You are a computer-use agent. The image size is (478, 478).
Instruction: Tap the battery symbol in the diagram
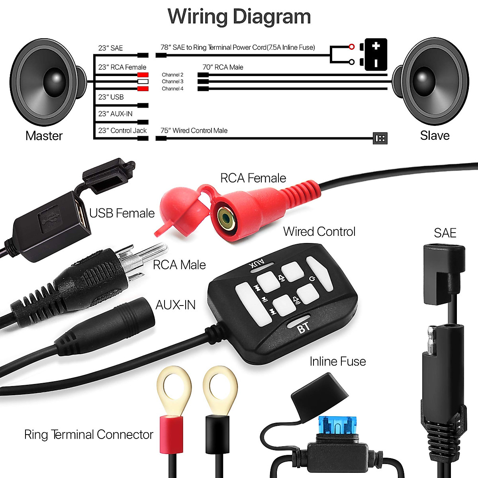[x=376, y=55]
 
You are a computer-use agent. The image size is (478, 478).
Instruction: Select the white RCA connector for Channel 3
[x=143, y=82]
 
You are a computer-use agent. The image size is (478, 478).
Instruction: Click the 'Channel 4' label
[x=172, y=89]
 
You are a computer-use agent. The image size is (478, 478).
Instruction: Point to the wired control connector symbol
[x=380, y=138]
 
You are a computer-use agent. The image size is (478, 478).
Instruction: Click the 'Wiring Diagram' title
[x=239, y=17]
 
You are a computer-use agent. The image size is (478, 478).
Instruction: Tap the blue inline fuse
[x=337, y=426]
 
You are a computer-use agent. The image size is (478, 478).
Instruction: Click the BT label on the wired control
[x=304, y=327]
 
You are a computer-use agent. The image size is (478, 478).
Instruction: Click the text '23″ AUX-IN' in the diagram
[x=115, y=114]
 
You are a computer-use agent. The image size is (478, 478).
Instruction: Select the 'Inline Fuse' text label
[x=337, y=361]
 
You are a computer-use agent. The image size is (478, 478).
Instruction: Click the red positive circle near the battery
[x=351, y=47]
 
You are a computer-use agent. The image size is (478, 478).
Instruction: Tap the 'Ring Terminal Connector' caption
[x=88, y=435]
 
